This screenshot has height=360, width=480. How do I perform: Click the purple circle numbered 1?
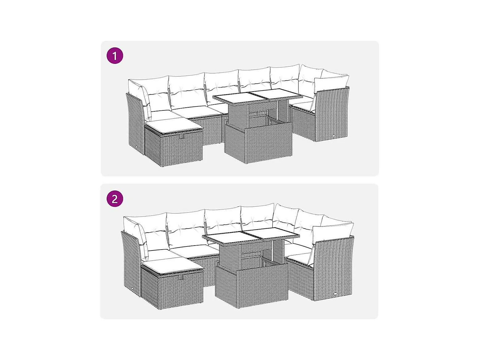tap(115, 56)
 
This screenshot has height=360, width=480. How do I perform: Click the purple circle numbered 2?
tap(115, 199)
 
